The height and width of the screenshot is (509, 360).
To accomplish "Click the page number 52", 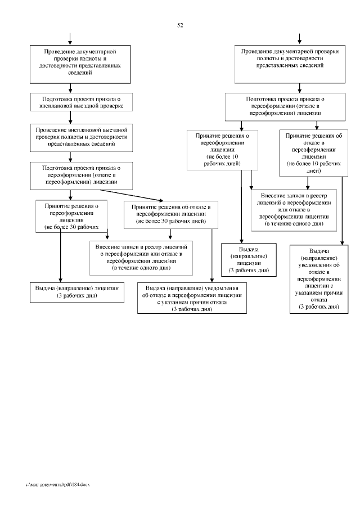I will click(180, 25).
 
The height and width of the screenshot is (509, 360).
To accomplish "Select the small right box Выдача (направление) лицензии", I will click(249, 260).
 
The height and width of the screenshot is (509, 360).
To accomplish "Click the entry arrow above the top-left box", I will click(70, 38).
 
